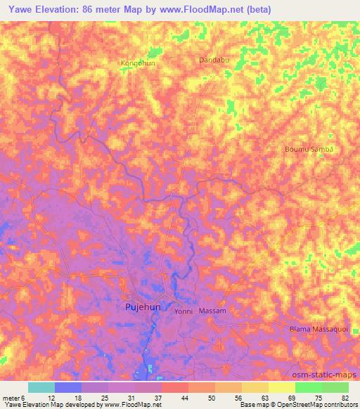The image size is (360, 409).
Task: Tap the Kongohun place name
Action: point(138,63)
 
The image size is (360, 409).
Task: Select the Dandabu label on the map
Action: point(215,60)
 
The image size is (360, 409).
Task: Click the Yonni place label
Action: point(184,311)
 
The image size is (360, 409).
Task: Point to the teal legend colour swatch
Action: point(41,387)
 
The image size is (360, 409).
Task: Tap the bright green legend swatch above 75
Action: point(309,387)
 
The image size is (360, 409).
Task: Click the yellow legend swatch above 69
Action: point(281,387)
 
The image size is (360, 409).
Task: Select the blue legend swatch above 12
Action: point(67,387)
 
